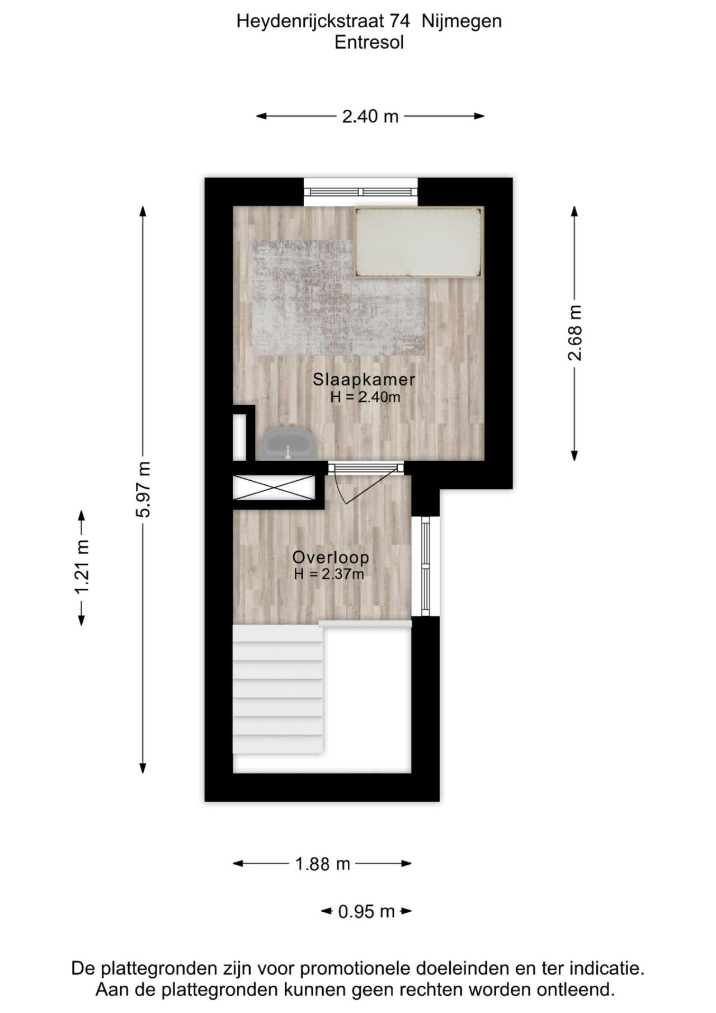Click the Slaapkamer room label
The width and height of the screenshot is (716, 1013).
[x=364, y=379]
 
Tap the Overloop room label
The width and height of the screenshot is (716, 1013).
[x=331, y=557]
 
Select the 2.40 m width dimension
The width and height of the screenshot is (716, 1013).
[x=370, y=116]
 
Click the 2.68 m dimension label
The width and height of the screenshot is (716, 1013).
[x=574, y=333]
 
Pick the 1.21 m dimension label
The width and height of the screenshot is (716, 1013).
[x=82, y=568]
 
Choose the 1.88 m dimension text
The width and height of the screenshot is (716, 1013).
[x=323, y=864]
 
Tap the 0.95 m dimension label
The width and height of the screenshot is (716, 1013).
[x=366, y=912]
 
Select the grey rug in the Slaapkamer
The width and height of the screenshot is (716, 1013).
[x=338, y=298]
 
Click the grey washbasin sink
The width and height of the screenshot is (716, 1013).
[x=288, y=444]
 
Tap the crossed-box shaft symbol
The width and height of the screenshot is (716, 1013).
[x=274, y=487]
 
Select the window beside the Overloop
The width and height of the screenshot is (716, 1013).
[x=426, y=566]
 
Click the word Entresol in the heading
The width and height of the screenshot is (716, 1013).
[x=369, y=43]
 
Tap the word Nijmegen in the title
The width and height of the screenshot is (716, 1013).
[x=461, y=22]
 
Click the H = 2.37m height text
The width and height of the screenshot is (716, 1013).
[x=329, y=574]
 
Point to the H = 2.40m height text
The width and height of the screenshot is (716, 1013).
[x=365, y=397]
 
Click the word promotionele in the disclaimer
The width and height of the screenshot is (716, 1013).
[x=381, y=968]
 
